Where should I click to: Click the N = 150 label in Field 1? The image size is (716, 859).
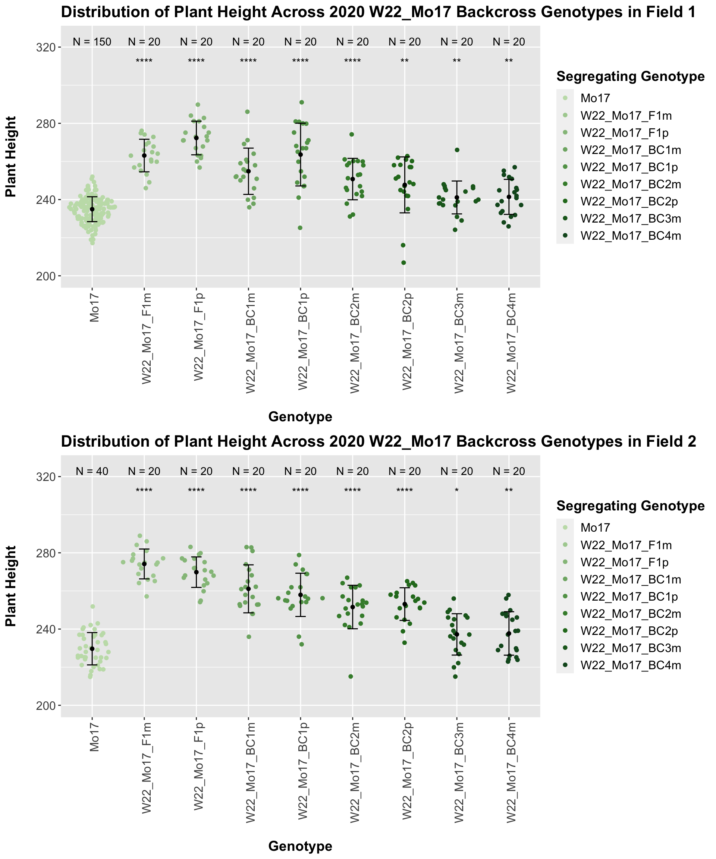coord(92,42)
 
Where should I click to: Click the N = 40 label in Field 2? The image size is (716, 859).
coord(92,471)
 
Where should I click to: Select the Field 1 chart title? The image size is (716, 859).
coord(378,12)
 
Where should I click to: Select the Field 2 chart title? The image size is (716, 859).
coord(378,442)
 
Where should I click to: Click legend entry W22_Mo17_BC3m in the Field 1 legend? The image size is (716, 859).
coord(631,219)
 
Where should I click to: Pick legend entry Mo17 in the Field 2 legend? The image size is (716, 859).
coord(595,528)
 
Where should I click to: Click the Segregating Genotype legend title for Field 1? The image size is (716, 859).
coord(631,76)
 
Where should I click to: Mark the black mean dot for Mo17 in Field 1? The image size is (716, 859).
coord(92,209)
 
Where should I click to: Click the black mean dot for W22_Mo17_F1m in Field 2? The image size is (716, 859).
coord(144,564)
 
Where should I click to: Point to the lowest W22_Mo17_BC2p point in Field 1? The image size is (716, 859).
coord(403,262)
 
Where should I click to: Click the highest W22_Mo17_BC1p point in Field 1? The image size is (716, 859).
coord(302,102)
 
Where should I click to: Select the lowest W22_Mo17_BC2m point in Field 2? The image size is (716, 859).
coord(351,677)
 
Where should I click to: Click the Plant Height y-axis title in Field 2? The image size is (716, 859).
coord(11,586)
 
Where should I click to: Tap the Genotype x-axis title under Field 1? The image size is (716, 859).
coord(300,417)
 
